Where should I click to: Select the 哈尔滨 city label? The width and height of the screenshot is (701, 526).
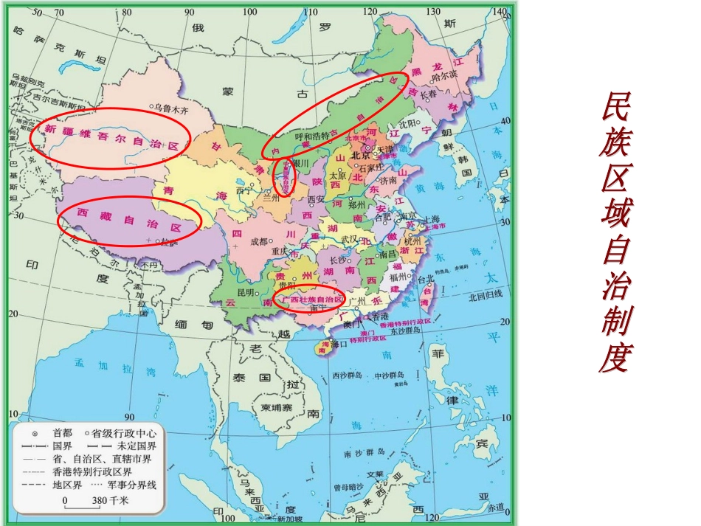(x=446, y=75)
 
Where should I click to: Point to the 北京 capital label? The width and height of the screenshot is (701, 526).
(x=359, y=156)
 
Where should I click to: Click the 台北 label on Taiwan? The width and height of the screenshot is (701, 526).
(x=426, y=280)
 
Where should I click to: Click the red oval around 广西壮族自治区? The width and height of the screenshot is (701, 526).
(x=309, y=300)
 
